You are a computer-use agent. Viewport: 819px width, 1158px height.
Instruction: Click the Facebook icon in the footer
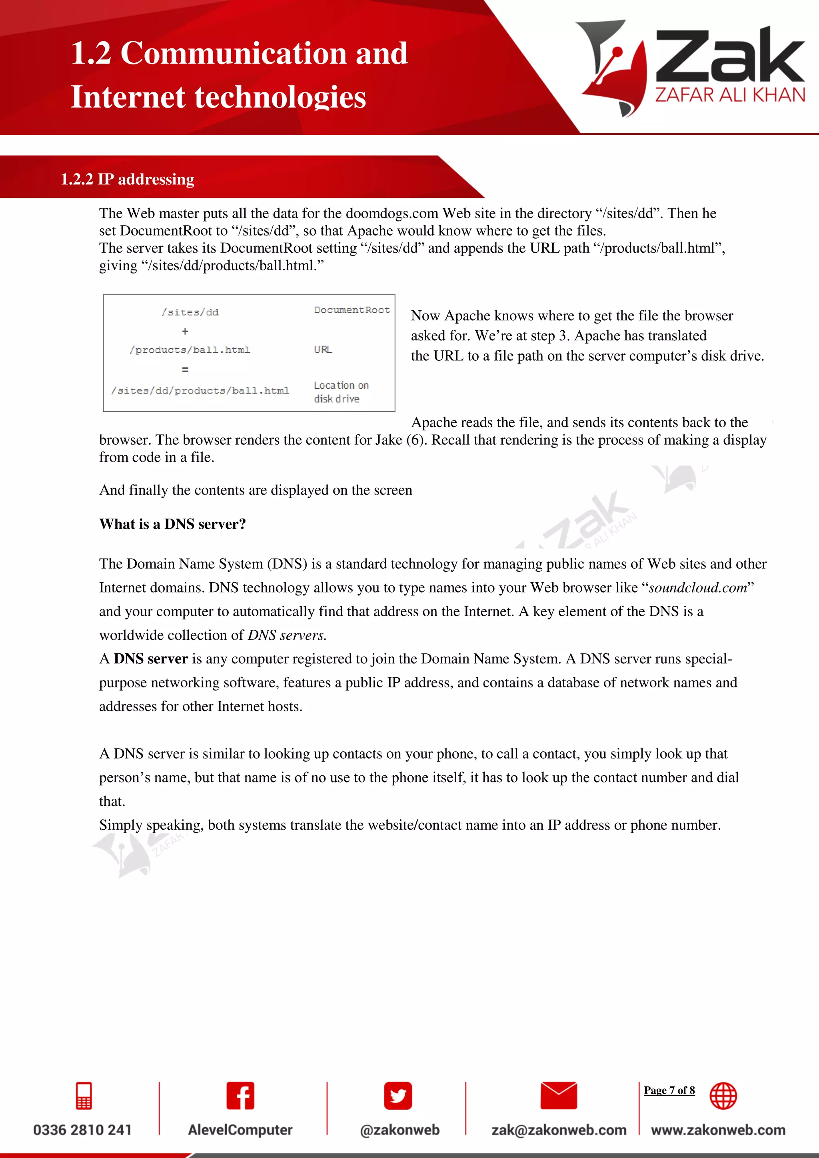pos(240,1096)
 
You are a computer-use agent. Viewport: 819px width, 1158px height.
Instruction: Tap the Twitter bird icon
pos(398,1096)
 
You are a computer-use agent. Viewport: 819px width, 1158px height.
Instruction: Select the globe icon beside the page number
pos(723,1096)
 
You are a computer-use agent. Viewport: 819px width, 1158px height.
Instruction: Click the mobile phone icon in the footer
pos(84,1096)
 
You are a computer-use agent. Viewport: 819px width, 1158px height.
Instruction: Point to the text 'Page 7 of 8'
pos(669,1090)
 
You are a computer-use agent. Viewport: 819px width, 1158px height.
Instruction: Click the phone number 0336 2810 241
pos(82,1130)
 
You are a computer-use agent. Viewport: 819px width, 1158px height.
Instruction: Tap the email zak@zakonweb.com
pos(559,1130)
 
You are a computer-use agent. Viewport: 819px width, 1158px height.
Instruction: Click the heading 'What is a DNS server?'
pos(172,524)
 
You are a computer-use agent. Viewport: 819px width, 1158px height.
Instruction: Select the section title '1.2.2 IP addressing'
pos(127,179)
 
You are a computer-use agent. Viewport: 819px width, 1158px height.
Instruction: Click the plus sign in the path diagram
pos(185,331)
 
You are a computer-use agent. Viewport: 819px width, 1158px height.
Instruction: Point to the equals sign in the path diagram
pos(185,370)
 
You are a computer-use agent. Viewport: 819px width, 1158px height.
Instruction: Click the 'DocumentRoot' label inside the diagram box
pos(352,309)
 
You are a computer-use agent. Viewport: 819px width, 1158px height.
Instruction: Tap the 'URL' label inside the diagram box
pos(323,349)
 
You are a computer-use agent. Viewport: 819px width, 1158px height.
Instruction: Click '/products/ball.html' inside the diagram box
pos(190,349)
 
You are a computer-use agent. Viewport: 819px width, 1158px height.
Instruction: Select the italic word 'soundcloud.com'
pos(697,587)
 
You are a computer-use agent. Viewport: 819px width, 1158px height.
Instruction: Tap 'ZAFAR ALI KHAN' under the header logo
pos(730,95)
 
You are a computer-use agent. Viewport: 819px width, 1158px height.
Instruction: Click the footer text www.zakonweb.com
pos(718,1130)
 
